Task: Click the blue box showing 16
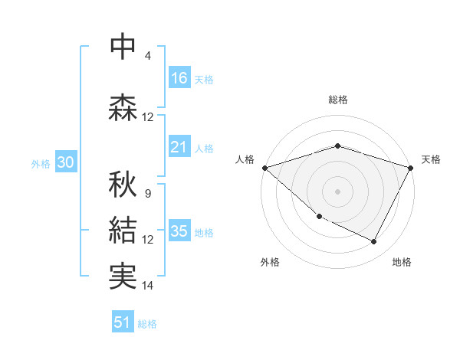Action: coord(179,78)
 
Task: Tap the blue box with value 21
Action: coord(179,147)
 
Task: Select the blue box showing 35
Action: coord(179,231)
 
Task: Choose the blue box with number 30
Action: coord(66,163)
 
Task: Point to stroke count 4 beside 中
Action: coord(148,56)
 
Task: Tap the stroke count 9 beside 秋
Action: coord(148,194)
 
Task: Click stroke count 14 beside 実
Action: coord(148,286)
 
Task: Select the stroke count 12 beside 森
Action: coord(148,117)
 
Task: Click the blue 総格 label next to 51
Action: coord(147,324)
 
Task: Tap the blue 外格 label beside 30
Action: coord(41,164)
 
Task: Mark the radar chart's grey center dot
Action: coord(337,191)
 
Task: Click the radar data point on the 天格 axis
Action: coord(411,168)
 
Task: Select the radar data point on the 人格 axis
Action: coord(264,168)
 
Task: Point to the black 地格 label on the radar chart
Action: coord(402,262)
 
